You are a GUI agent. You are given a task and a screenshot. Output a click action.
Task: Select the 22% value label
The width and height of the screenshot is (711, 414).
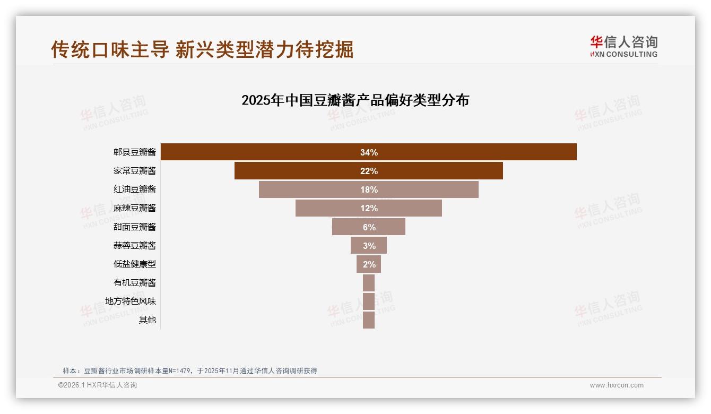pos(369,171)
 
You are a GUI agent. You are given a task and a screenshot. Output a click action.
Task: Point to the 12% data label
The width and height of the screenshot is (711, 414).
pos(369,208)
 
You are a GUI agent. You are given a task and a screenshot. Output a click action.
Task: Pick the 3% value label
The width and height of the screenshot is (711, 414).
pos(369,246)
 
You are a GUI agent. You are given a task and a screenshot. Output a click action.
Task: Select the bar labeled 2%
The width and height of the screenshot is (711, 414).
pos(369,264)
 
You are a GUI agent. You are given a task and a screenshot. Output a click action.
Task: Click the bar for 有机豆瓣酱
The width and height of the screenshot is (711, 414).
pos(369,283)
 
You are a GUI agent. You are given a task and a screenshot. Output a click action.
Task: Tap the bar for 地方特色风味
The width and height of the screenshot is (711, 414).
pos(369,301)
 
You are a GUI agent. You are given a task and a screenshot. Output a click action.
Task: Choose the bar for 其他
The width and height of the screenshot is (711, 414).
pos(369,320)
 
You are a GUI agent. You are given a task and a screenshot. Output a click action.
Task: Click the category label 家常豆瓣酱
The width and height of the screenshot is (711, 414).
pos(135,171)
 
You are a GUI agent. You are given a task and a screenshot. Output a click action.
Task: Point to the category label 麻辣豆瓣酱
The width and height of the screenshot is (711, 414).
pos(135,208)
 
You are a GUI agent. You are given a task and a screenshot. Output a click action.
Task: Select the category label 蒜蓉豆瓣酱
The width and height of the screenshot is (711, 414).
pos(135,245)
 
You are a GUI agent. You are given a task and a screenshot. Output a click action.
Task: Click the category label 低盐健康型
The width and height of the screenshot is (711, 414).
pos(135,264)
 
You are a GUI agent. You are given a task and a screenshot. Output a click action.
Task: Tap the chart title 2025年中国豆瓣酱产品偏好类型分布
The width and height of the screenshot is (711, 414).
pos(355,100)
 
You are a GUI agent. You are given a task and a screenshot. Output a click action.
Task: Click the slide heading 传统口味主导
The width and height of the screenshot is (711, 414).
pos(110,49)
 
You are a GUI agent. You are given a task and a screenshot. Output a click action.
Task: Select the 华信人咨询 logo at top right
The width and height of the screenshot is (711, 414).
pos(623,46)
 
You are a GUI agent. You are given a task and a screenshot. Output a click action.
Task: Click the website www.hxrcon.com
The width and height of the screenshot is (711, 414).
pos(617,385)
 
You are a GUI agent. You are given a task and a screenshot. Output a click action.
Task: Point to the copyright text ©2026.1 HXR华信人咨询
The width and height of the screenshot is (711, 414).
pos(98,385)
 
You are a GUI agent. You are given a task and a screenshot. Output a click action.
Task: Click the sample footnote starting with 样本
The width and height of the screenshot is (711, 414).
pos(189,370)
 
